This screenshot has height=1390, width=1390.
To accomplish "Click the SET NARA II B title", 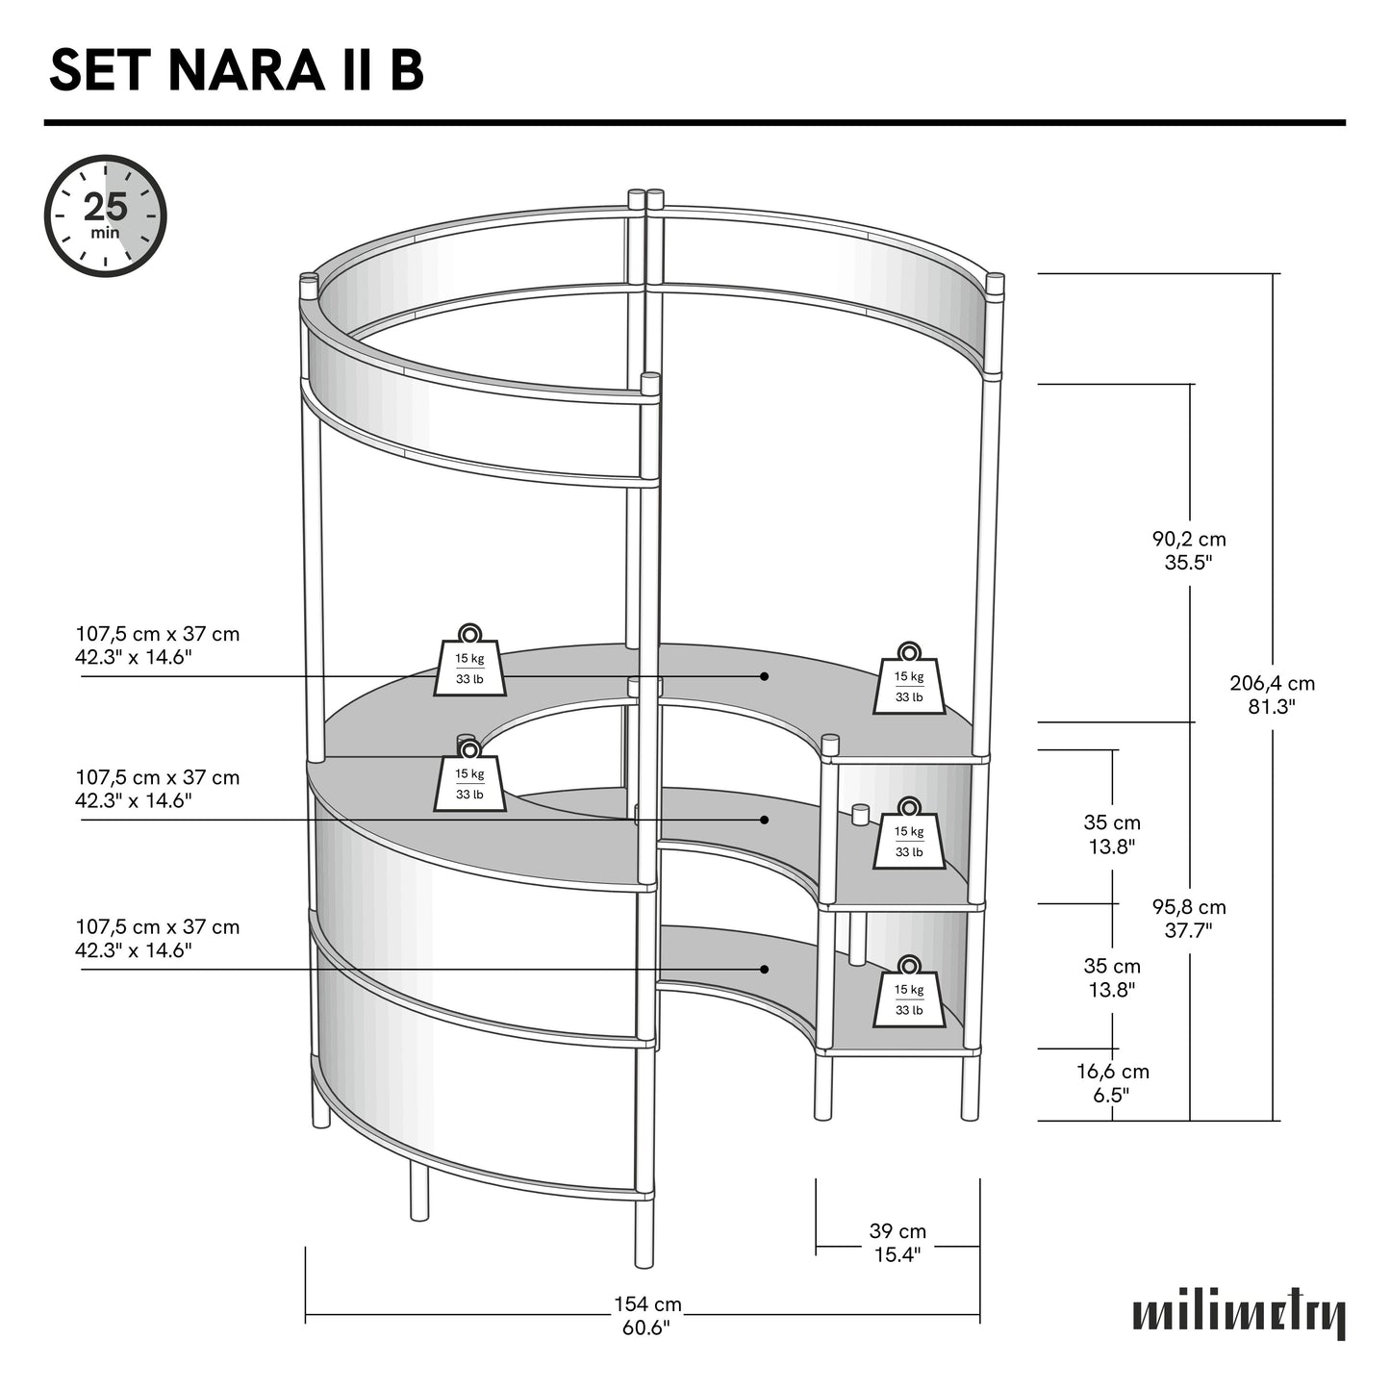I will (236, 71).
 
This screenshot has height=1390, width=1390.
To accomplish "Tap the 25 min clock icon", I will (106, 215).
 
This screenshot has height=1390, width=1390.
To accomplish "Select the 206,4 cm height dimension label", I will (1272, 695).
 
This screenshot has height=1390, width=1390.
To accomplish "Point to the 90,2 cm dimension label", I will (1189, 551).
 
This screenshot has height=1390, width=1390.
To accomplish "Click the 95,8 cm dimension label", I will (1189, 918).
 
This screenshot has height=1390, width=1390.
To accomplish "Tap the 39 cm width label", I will (897, 1243).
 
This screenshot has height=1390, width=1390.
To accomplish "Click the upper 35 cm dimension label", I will (1112, 834).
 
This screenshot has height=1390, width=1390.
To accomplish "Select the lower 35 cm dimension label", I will (1112, 977).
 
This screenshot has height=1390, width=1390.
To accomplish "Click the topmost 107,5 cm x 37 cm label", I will (158, 645).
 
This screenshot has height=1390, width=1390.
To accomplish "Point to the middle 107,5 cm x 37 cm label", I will (158, 789).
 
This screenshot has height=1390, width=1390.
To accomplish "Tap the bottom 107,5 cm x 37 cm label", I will (158, 939).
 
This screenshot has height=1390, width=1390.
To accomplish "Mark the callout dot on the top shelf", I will (765, 676).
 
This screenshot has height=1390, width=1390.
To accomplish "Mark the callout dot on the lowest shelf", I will (765, 969).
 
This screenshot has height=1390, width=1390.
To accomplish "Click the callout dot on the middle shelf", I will (765, 820).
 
